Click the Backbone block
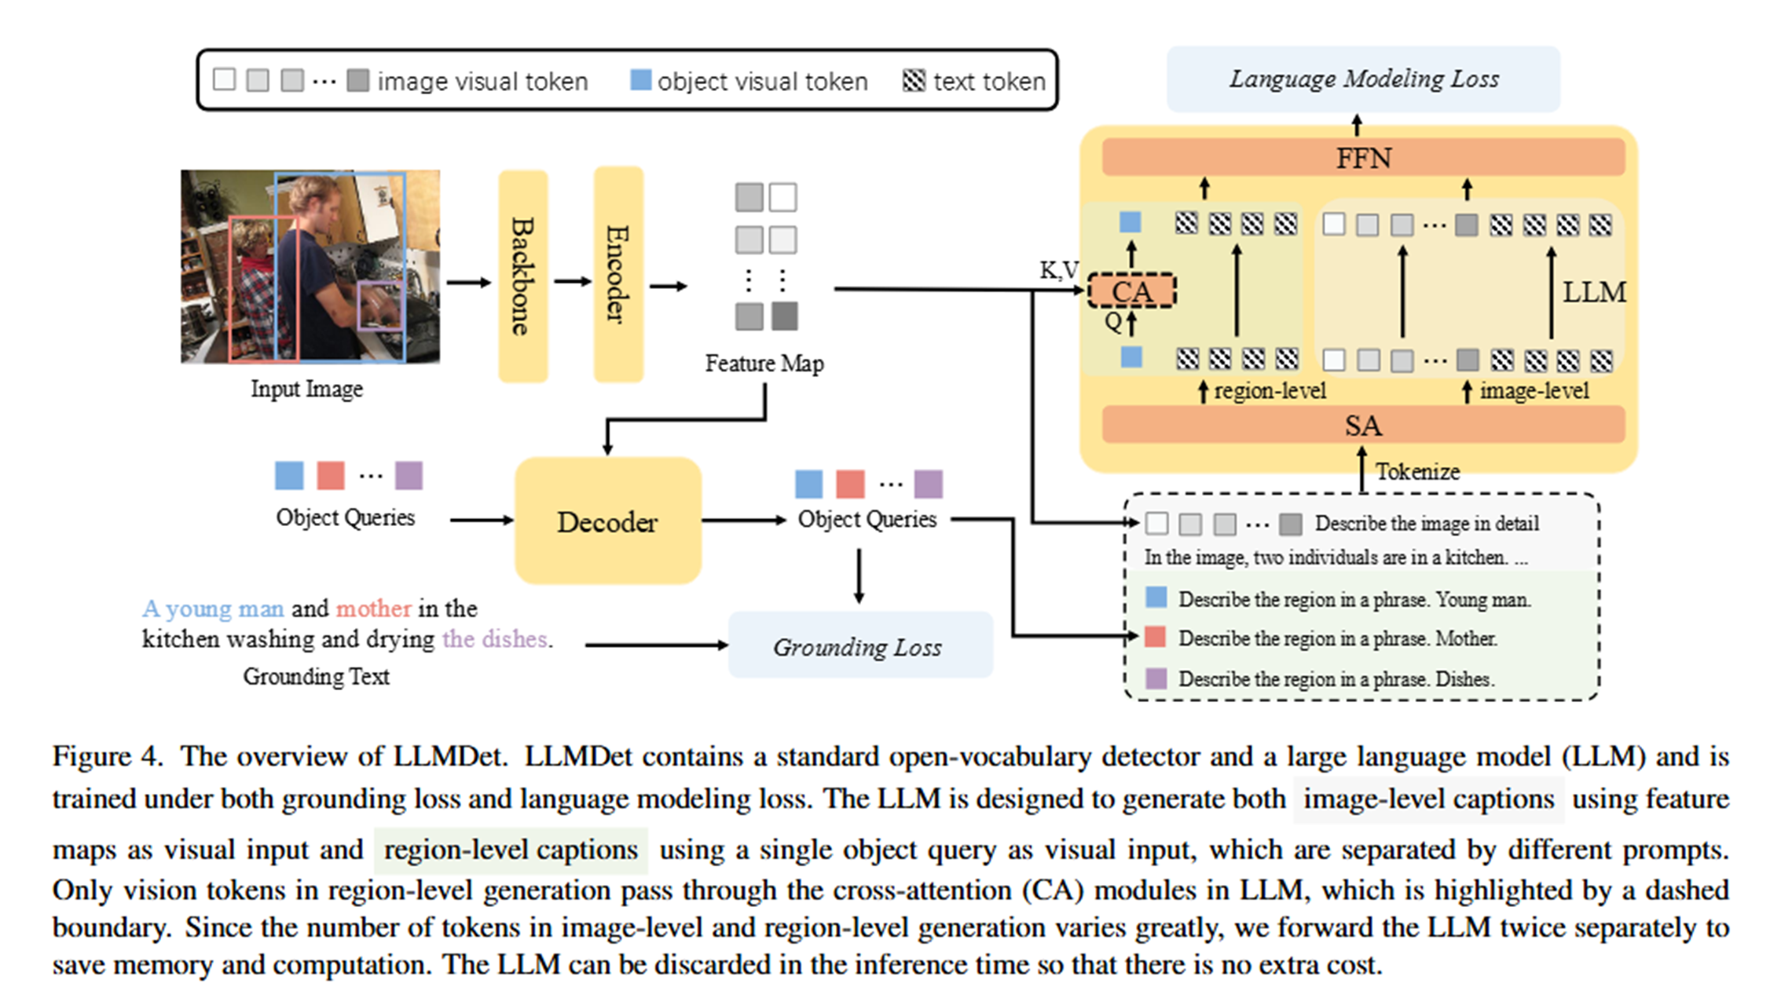click(522, 276)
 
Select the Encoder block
click(618, 274)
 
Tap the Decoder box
click(607, 521)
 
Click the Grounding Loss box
click(859, 646)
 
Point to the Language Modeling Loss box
click(1363, 79)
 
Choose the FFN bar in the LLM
click(1363, 158)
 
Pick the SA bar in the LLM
click(1363, 426)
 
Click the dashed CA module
click(1131, 291)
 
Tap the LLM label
click(1593, 292)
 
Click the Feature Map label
click(764, 364)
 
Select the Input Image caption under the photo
click(306, 389)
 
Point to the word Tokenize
click(1417, 471)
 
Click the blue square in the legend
click(640, 80)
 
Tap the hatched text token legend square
click(914, 80)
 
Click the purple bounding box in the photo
click(380, 306)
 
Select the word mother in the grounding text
click(373, 609)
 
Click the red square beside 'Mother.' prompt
click(1155, 637)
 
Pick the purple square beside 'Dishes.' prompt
click(1156, 678)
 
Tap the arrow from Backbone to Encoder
click(572, 281)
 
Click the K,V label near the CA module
click(1058, 270)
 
